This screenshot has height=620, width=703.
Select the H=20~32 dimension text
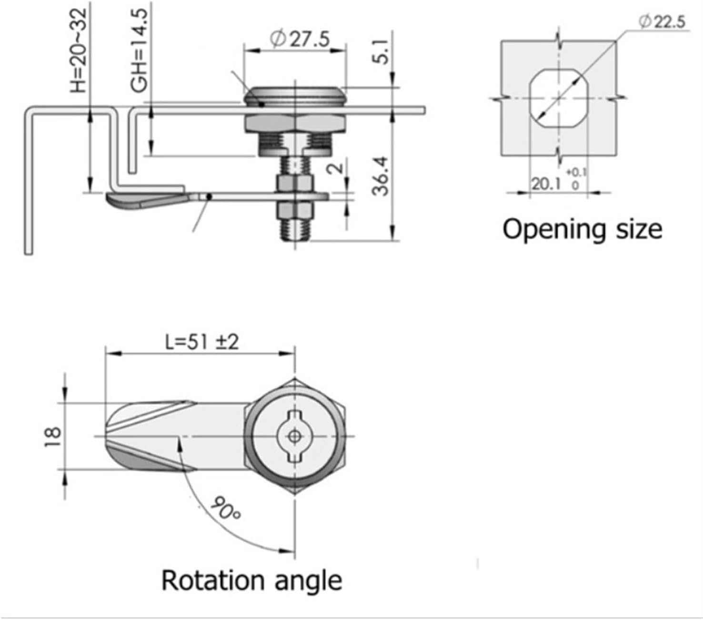(x=79, y=50)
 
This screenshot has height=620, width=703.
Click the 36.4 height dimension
(x=381, y=176)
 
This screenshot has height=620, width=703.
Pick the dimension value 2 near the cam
(x=336, y=167)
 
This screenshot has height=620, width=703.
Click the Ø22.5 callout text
(x=663, y=21)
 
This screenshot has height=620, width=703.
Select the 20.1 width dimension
(x=546, y=183)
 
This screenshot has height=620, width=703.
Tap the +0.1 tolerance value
(x=576, y=172)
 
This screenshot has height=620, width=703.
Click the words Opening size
(x=582, y=229)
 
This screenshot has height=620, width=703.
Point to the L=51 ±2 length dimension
(x=201, y=342)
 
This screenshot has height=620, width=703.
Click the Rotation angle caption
(x=251, y=581)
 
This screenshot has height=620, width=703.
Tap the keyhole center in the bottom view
(x=294, y=436)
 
